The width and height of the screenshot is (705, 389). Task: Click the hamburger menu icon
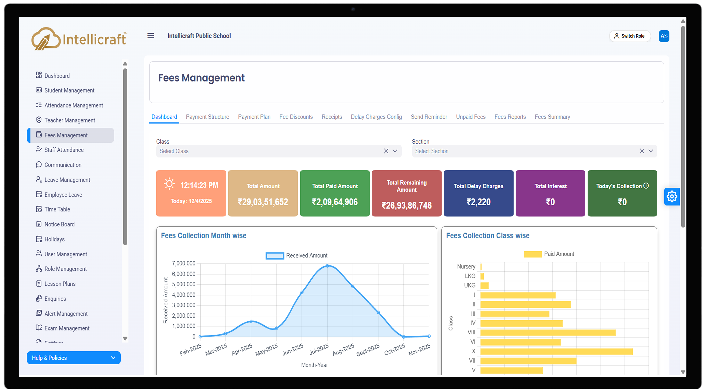pyautogui.click(x=150, y=36)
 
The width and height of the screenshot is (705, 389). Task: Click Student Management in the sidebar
pyautogui.click(x=69, y=90)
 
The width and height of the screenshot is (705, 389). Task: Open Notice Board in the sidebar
pyautogui.click(x=59, y=224)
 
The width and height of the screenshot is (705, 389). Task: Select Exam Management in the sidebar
pyautogui.click(x=67, y=328)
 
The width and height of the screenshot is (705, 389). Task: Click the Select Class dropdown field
pyautogui.click(x=268, y=151)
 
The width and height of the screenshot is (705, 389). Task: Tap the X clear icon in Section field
pyautogui.click(x=642, y=151)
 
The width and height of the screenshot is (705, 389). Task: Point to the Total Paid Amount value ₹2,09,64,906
pyautogui.click(x=335, y=202)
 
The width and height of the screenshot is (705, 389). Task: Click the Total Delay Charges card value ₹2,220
pyautogui.click(x=478, y=202)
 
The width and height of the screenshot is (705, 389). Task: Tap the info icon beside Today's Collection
pyautogui.click(x=646, y=186)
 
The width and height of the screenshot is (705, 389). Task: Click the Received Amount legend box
pyautogui.click(x=275, y=256)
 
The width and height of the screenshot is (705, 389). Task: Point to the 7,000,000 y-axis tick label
pyautogui.click(x=184, y=263)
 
